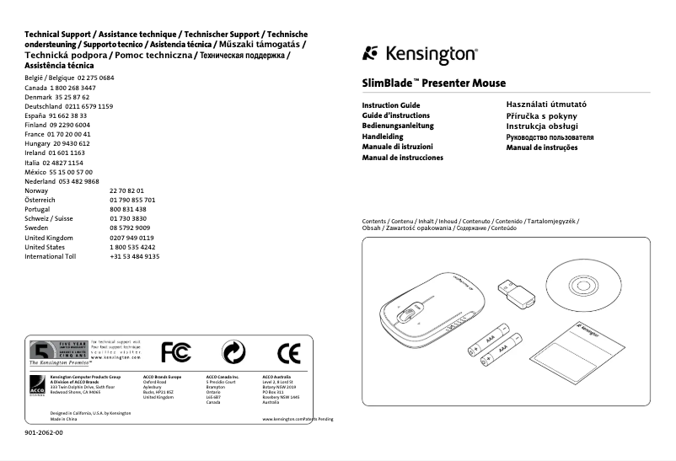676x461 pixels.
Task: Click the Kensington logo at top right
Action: pos(420,55)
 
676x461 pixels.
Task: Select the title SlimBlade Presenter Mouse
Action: pos(434,83)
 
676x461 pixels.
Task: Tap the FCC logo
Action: pos(176,351)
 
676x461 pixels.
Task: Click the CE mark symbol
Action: pos(288,352)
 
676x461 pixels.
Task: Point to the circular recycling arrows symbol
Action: pos(233,352)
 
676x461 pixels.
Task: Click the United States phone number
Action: pos(132,247)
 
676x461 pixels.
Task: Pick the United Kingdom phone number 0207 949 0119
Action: pos(131,238)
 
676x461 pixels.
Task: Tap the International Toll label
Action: pos(50,256)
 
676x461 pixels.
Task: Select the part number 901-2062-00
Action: pos(44,432)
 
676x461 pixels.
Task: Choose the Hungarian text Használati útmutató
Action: pos(545,105)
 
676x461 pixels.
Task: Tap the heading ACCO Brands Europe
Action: pos(163,377)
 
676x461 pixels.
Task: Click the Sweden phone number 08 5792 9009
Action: pos(130,228)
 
